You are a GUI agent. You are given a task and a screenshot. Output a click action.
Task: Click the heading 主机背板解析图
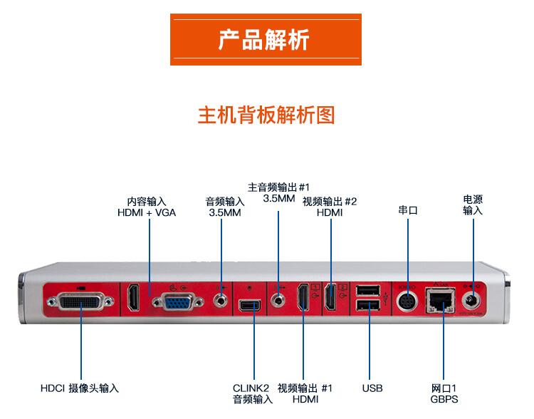point(266,115)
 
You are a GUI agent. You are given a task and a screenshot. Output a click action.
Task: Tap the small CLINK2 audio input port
point(251,306)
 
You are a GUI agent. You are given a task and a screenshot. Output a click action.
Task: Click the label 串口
point(407,211)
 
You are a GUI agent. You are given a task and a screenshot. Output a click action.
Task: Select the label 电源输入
point(473,205)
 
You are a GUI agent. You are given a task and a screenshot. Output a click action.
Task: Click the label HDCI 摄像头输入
point(79,388)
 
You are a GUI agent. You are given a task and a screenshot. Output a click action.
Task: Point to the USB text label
point(372,388)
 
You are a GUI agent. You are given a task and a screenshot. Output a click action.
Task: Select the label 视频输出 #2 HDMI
point(330,207)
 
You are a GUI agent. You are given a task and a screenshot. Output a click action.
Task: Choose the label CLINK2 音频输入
point(252,394)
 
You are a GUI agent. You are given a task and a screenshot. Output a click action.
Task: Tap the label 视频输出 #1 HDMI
point(305,394)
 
